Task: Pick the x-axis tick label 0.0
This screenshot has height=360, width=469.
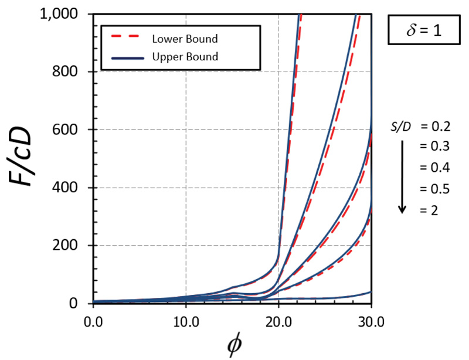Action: click(x=93, y=321)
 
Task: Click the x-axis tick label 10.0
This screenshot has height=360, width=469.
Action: click(x=186, y=321)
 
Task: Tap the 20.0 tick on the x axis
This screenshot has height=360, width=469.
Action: click(x=278, y=321)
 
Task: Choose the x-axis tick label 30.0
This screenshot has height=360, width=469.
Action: click(x=371, y=321)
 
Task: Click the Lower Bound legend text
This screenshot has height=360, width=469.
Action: click(x=185, y=39)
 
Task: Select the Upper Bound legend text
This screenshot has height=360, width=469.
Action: click(x=185, y=57)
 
